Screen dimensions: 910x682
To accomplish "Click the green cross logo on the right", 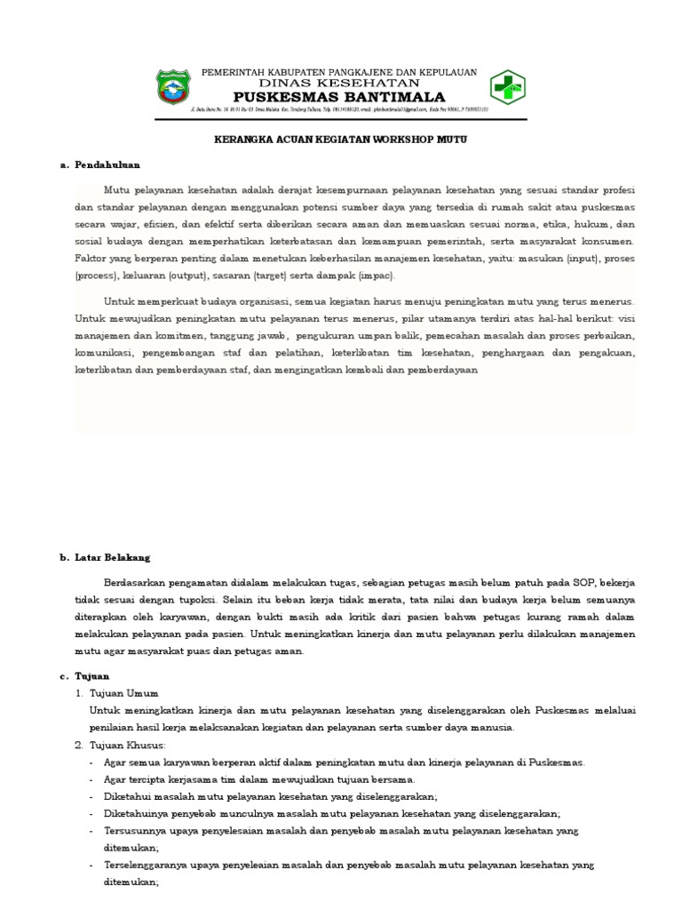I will pyautogui.click(x=507, y=87).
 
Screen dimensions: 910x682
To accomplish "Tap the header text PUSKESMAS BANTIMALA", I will pyautogui.click(x=340, y=96).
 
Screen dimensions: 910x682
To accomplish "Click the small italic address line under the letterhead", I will pyautogui.click(x=340, y=110).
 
